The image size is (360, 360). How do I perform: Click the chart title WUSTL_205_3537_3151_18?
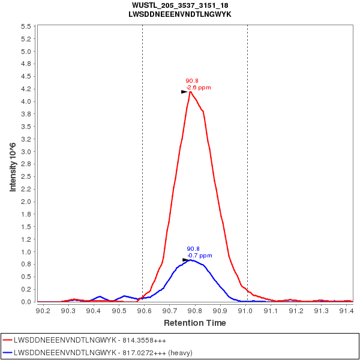coord(179,5)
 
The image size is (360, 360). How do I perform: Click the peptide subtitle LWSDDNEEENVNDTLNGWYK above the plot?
coord(179,14)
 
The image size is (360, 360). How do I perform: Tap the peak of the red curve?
coord(190,91)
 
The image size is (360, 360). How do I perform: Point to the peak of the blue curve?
coord(191,260)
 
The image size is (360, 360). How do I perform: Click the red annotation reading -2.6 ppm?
coord(199,88)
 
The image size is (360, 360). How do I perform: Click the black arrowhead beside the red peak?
coord(184,92)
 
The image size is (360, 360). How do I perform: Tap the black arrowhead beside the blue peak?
coord(185,260)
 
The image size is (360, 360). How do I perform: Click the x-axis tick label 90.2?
coord(43,311)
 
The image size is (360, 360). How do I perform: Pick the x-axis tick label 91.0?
coord(246,311)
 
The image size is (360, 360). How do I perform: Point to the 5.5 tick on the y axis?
coord(26,27)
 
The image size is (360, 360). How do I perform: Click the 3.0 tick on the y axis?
coord(26,152)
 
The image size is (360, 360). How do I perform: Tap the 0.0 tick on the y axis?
coord(26,302)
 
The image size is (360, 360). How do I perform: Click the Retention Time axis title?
coord(195,323)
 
